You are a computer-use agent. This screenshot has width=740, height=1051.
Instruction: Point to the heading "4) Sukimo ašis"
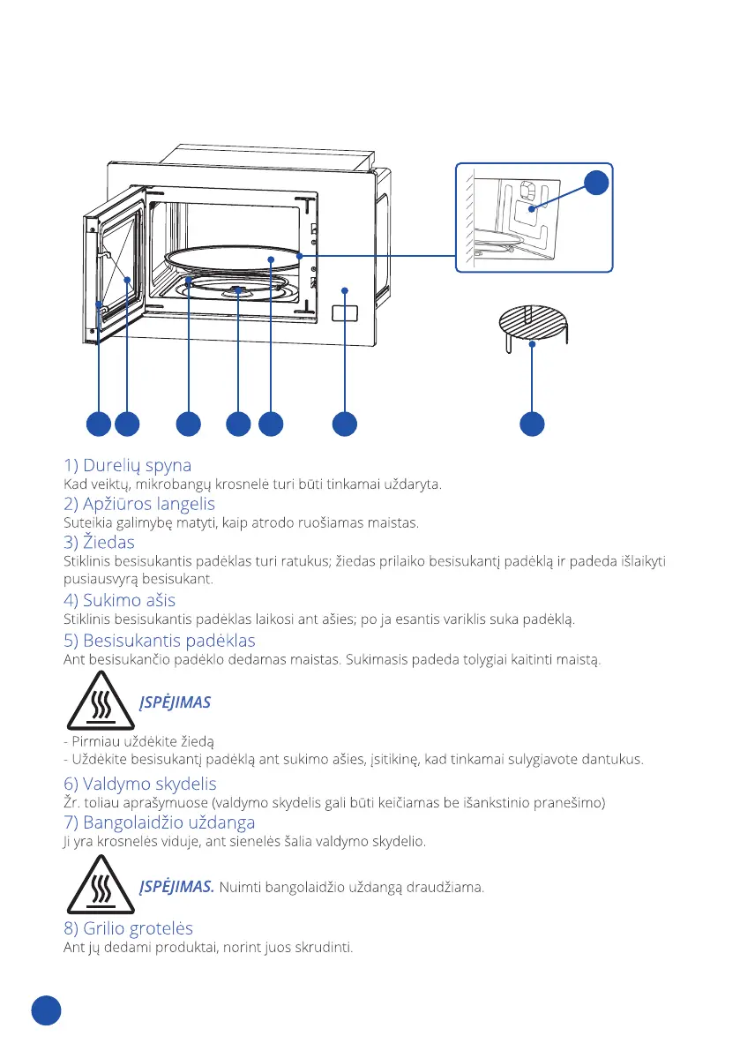click(119, 601)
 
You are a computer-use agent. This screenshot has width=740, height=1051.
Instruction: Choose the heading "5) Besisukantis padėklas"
click(160, 640)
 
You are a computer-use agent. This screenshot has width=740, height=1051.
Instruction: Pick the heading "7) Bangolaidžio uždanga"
click(160, 822)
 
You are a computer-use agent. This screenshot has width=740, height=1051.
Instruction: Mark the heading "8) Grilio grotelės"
click(128, 928)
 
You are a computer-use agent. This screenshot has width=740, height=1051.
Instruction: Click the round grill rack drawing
click(531, 322)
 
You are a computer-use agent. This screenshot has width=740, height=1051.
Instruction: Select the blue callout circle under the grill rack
click(531, 424)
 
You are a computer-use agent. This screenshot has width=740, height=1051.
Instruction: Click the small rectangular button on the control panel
click(345, 313)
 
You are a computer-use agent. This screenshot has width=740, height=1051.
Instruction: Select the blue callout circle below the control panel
click(344, 424)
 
